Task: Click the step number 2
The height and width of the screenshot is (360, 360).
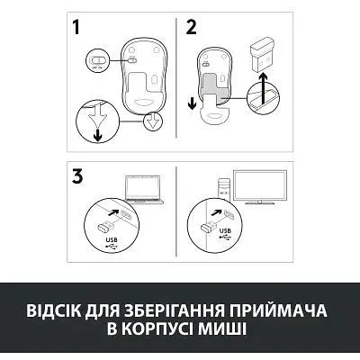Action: coord(191,27)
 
